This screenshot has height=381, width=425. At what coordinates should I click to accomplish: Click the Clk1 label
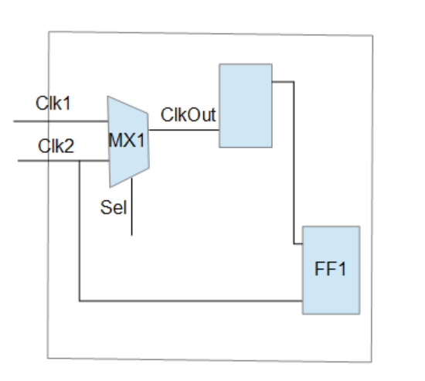pyautogui.click(x=53, y=104)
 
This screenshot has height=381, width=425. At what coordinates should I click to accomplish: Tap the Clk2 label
pyautogui.click(x=56, y=145)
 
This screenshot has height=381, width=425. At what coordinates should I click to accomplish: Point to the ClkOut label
pyautogui.click(x=188, y=114)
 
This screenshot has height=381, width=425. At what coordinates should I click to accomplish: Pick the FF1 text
pyautogui.click(x=331, y=270)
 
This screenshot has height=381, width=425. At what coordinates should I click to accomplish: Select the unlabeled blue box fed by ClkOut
pyautogui.click(x=246, y=105)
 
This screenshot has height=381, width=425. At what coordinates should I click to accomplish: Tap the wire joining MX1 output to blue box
pyautogui.click(x=184, y=129)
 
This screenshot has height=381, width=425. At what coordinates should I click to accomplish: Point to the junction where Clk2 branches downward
pyautogui.click(x=80, y=161)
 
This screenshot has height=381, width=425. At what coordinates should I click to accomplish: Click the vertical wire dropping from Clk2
pyautogui.click(x=80, y=232)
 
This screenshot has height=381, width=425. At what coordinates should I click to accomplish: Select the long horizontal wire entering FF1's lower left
pyautogui.click(x=193, y=301)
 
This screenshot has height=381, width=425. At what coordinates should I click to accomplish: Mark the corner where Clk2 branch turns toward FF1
pyautogui.click(x=80, y=301)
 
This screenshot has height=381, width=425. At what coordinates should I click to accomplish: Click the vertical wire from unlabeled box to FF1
pyautogui.click(x=294, y=162)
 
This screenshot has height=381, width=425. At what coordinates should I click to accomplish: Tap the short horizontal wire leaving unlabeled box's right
pyautogui.click(x=283, y=80)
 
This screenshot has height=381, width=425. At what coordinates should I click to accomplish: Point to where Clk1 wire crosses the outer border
pyautogui.click(x=49, y=121)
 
